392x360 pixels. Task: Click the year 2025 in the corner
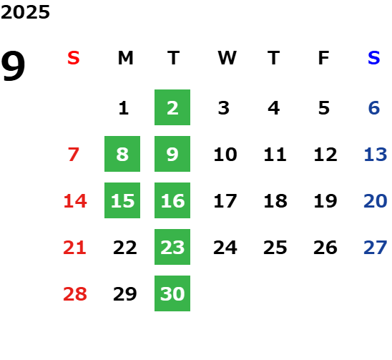(x=25, y=12)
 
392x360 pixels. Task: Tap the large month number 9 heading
(x=13, y=66)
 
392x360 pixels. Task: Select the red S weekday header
(x=73, y=58)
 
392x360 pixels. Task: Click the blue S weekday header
(x=373, y=58)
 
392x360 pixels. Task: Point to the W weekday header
(x=227, y=58)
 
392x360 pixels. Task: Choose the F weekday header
(x=324, y=58)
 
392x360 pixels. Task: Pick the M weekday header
(x=125, y=58)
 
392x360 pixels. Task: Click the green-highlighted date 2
(x=172, y=107)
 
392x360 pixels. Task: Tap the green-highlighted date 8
(x=122, y=154)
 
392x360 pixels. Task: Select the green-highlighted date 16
(x=172, y=200)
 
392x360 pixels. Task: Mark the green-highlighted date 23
(x=172, y=247)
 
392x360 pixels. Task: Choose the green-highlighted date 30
(x=172, y=293)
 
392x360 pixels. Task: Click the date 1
(x=124, y=108)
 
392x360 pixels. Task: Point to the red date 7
(x=74, y=155)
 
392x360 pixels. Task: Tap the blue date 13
(x=376, y=155)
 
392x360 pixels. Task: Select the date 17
(x=225, y=201)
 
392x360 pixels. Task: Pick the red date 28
(x=75, y=294)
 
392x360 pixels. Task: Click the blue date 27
(x=376, y=248)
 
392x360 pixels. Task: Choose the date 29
(x=125, y=294)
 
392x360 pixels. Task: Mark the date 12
(x=325, y=155)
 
